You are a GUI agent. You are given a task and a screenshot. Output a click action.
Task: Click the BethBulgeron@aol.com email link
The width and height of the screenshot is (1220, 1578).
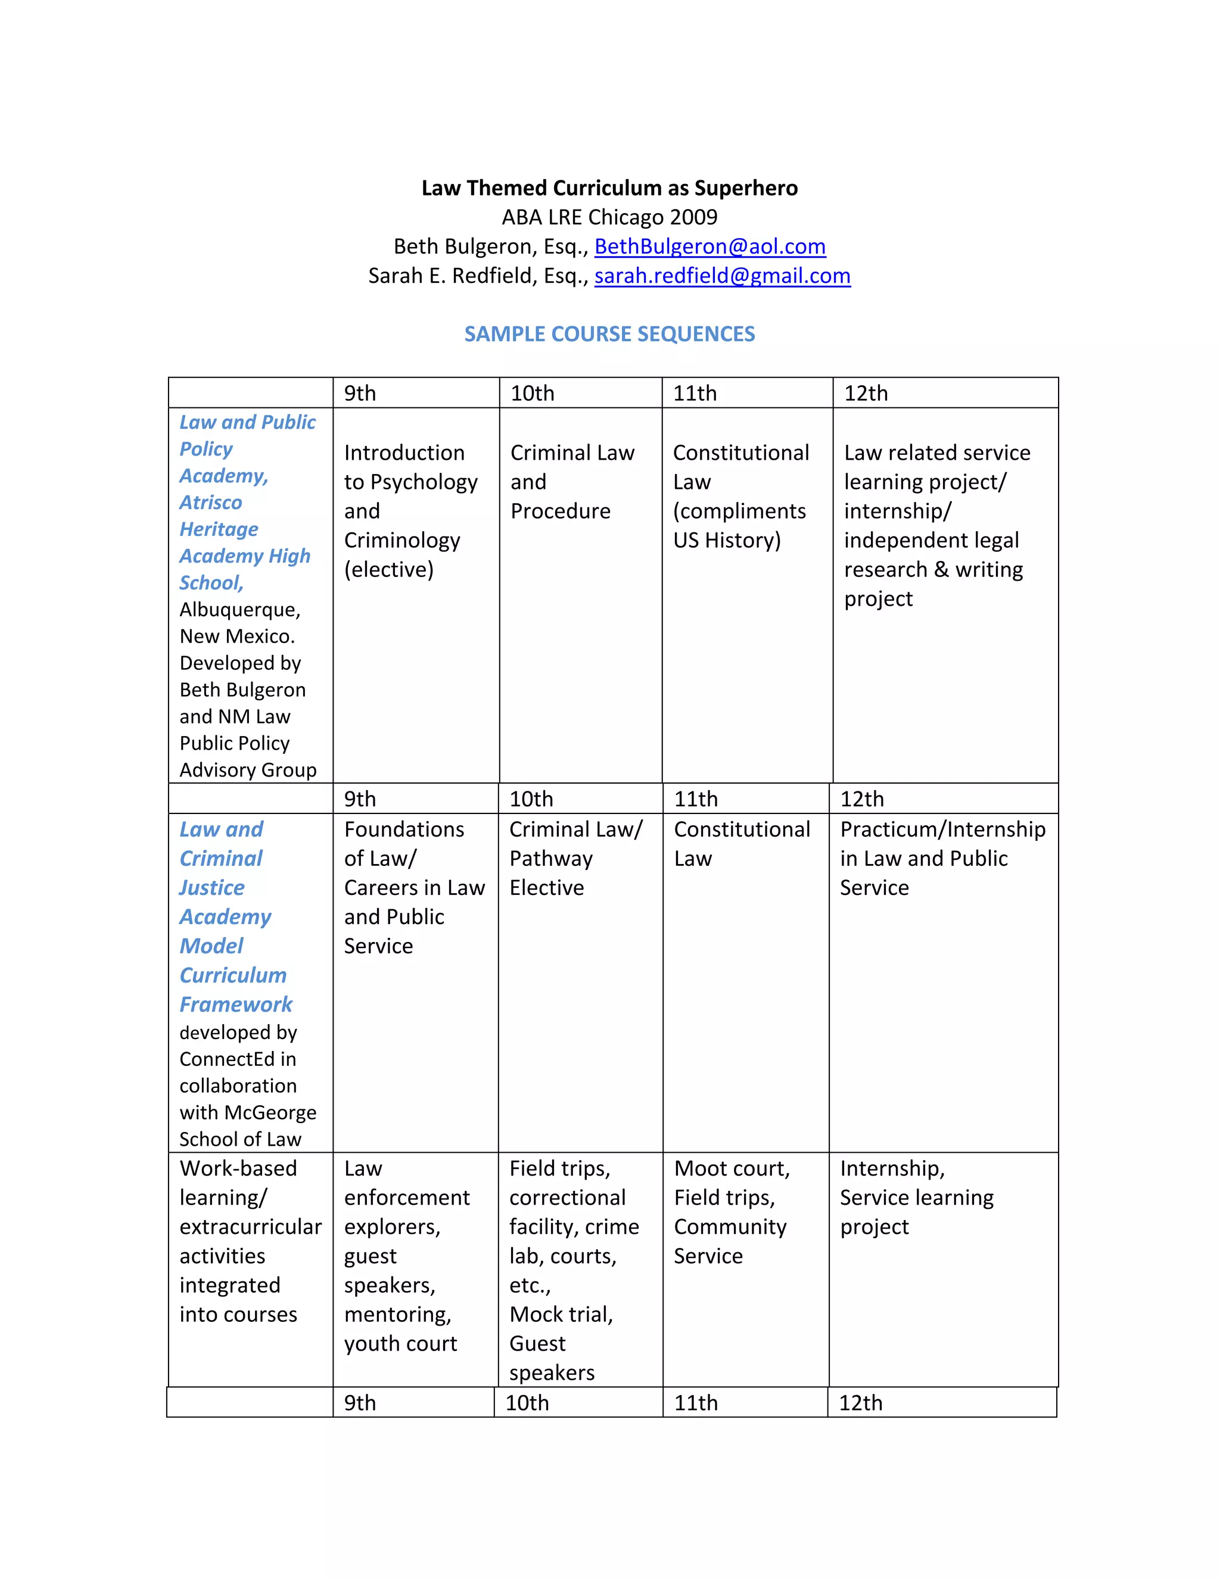tap(709, 247)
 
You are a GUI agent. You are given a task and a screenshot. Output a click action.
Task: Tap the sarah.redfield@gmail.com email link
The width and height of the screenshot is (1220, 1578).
tap(722, 276)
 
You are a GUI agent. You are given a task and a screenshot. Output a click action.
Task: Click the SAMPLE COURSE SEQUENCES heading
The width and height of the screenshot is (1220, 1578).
tap(609, 334)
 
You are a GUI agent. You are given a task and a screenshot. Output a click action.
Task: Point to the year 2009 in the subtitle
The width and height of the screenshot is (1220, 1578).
tap(694, 217)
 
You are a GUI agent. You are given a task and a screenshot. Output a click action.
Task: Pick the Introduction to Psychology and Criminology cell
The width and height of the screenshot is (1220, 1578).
tap(410, 511)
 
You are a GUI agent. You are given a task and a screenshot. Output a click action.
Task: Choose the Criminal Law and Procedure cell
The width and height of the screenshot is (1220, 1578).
tap(572, 482)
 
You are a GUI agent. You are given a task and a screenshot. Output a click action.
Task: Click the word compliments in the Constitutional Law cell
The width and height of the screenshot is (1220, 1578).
tap(739, 512)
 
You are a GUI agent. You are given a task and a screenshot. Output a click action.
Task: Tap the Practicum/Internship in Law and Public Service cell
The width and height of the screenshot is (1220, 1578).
tap(942, 858)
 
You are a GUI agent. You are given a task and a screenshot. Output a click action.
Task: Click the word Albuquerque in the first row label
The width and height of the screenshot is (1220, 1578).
tap(240, 610)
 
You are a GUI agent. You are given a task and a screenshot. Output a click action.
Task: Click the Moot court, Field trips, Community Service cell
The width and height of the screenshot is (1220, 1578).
tap(732, 1212)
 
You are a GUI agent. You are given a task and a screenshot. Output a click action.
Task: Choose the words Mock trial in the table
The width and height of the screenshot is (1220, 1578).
tap(561, 1314)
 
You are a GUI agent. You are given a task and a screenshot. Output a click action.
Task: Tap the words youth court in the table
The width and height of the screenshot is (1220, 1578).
tap(400, 1344)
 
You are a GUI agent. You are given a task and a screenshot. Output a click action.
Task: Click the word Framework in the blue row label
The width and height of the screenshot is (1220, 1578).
tap(236, 1005)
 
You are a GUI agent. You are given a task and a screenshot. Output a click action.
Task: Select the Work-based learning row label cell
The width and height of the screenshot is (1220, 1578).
tap(250, 1242)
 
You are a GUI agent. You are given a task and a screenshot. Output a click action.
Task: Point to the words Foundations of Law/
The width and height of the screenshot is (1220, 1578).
tap(404, 844)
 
